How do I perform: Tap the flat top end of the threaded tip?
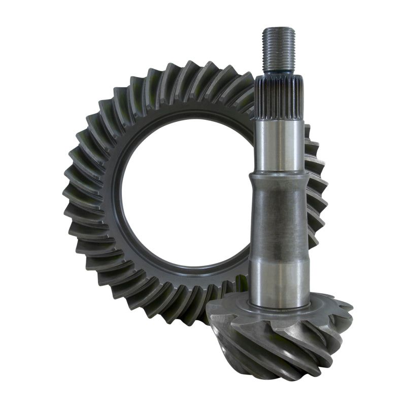tap(279, 29)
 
